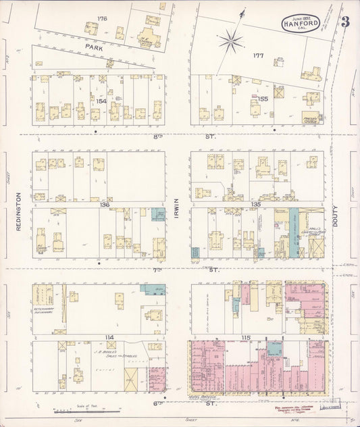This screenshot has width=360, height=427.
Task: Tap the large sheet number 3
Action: pos(345,21)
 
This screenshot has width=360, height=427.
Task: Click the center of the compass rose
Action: pos(230,41)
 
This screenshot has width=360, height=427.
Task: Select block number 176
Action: pos(102,18)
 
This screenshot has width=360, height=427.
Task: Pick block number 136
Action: pos(105,204)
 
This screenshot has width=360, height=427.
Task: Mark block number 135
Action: pos(256,203)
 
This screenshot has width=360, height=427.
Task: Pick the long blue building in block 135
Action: pos(294,232)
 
